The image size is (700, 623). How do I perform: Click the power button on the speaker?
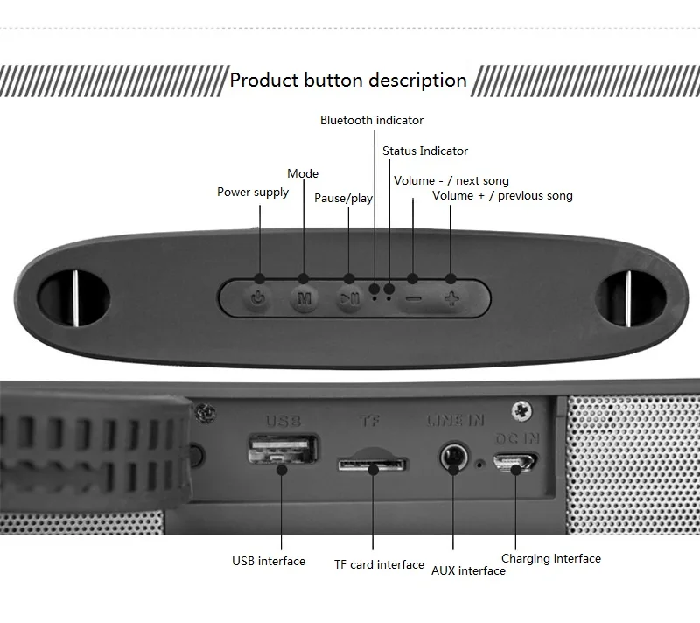(x=258, y=297)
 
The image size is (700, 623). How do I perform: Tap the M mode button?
(x=304, y=297)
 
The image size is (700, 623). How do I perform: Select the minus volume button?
(x=413, y=297)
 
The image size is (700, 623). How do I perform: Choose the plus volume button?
(x=451, y=297)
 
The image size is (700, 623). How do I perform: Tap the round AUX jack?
(x=453, y=456)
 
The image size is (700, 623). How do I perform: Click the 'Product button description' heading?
(x=348, y=80)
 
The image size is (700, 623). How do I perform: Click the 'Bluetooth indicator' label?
(x=371, y=120)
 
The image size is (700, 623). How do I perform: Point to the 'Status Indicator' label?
(x=425, y=150)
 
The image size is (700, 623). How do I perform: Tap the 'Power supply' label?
(x=253, y=192)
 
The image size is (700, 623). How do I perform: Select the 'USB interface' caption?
(x=269, y=561)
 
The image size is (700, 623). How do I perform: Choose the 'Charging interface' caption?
(x=551, y=558)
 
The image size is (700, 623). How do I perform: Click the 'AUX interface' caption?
(x=468, y=570)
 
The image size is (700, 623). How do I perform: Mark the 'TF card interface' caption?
(x=379, y=564)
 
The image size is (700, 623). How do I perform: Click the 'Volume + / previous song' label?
(x=502, y=195)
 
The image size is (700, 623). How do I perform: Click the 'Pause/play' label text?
(x=343, y=198)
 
